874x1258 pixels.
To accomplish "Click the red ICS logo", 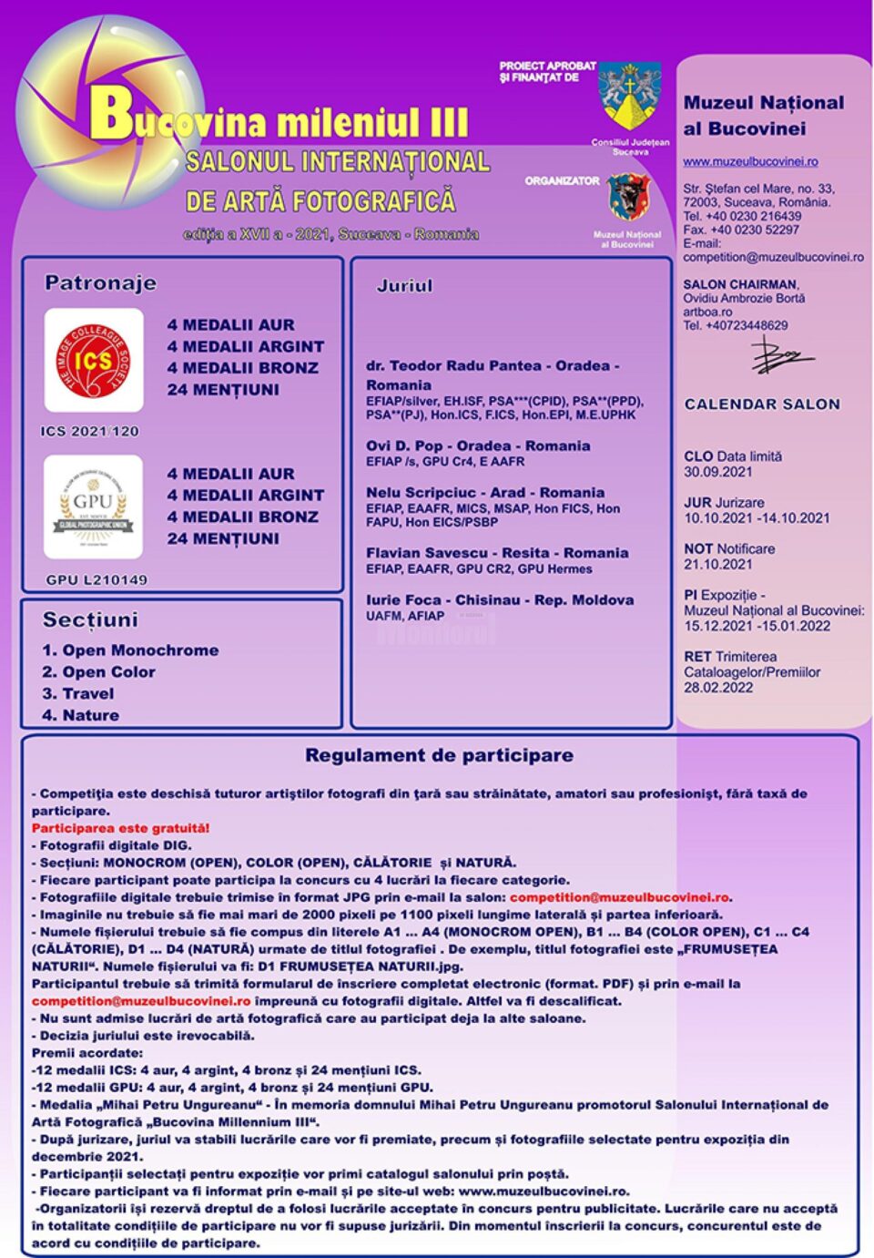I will point(94,361).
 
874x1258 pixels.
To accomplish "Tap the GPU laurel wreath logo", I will point(94,507).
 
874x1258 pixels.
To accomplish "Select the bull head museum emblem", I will point(628,198).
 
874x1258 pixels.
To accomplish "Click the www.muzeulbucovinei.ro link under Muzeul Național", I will point(750,162).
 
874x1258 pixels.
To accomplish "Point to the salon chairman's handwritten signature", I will point(778,355).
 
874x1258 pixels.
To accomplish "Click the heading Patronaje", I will point(100,283).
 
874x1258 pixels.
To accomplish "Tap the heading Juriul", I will point(404,286).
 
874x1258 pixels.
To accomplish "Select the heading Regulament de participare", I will point(439,755).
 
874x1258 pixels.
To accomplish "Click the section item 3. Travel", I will point(78,693).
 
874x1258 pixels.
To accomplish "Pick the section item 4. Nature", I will point(81,715).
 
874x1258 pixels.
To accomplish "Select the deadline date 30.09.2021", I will point(717,472).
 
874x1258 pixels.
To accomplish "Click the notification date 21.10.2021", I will point(717,564).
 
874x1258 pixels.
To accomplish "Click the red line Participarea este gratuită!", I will point(120,828).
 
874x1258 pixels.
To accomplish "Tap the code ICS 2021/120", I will point(89,431).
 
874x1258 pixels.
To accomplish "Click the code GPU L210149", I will point(97,579).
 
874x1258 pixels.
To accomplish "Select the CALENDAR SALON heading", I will point(762,404).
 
